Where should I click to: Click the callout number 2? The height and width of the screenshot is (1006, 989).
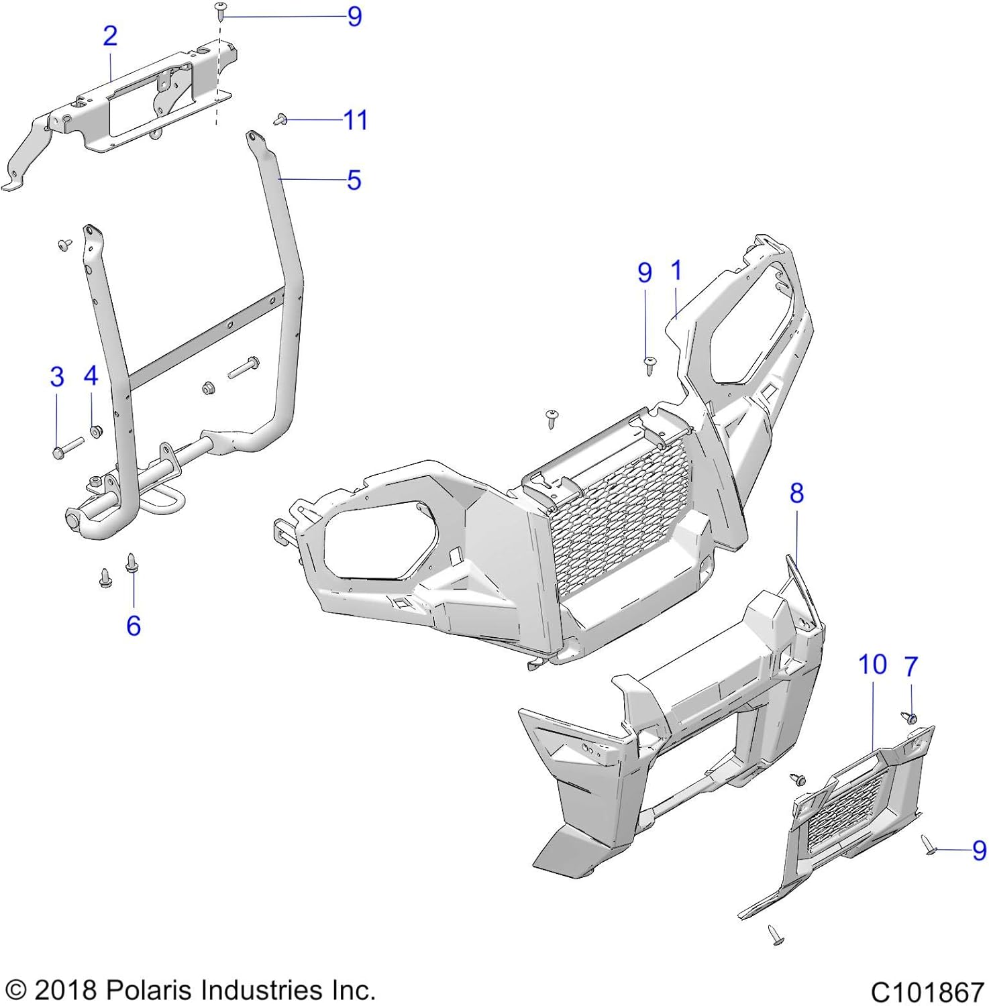[x=110, y=36]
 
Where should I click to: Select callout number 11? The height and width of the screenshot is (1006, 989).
[x=355, y=121]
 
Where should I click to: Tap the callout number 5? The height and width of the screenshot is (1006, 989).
[x=354, y=180]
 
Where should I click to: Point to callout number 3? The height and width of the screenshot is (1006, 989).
[x=57, y=377]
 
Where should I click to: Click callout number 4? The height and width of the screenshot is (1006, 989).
[x=91, y=376]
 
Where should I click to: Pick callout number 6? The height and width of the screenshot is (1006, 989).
[x=134, y=626]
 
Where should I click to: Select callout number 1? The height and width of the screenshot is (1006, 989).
[x=676, y=271]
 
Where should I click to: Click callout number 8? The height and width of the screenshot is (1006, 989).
[x=796, y=494]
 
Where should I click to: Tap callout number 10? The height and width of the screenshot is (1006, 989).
[x=872, y=665]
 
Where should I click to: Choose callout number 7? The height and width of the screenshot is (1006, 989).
[x=910, y=667]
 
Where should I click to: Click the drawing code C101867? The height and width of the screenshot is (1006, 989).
[x=927, y=991]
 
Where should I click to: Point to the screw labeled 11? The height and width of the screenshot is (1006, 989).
[x=280, y=120]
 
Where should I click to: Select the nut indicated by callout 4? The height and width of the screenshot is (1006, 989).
[x=96, y=431]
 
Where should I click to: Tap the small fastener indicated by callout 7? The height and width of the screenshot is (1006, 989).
[x=909, y=717]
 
